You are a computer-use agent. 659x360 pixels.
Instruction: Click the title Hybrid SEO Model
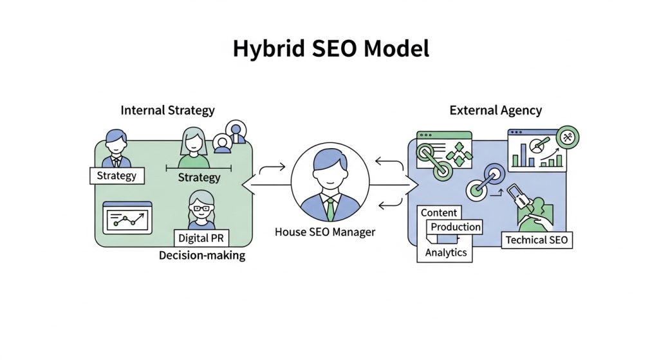click(330, 49)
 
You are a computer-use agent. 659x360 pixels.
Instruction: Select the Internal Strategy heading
click(167, 110)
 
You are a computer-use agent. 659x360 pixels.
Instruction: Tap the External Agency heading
click(495, 110)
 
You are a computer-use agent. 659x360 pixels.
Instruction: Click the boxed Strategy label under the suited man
click(116, 175)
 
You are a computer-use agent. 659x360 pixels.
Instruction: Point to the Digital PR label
click(203, 238)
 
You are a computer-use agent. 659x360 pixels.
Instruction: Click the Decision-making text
click(202, 256)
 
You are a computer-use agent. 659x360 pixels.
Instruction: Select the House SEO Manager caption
click(324, 231)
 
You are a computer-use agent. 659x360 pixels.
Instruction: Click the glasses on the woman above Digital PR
click(201, 207)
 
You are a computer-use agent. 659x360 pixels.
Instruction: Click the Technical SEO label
click(537, 240)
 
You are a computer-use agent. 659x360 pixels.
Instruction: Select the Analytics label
click(446, 252)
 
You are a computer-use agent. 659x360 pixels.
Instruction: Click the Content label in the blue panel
click(439, 213)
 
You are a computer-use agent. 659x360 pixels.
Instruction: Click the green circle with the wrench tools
click(568, 137)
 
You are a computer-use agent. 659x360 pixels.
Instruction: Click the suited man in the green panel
click(116, 148)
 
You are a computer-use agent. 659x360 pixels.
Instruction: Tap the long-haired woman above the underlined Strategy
click(194, 148)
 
